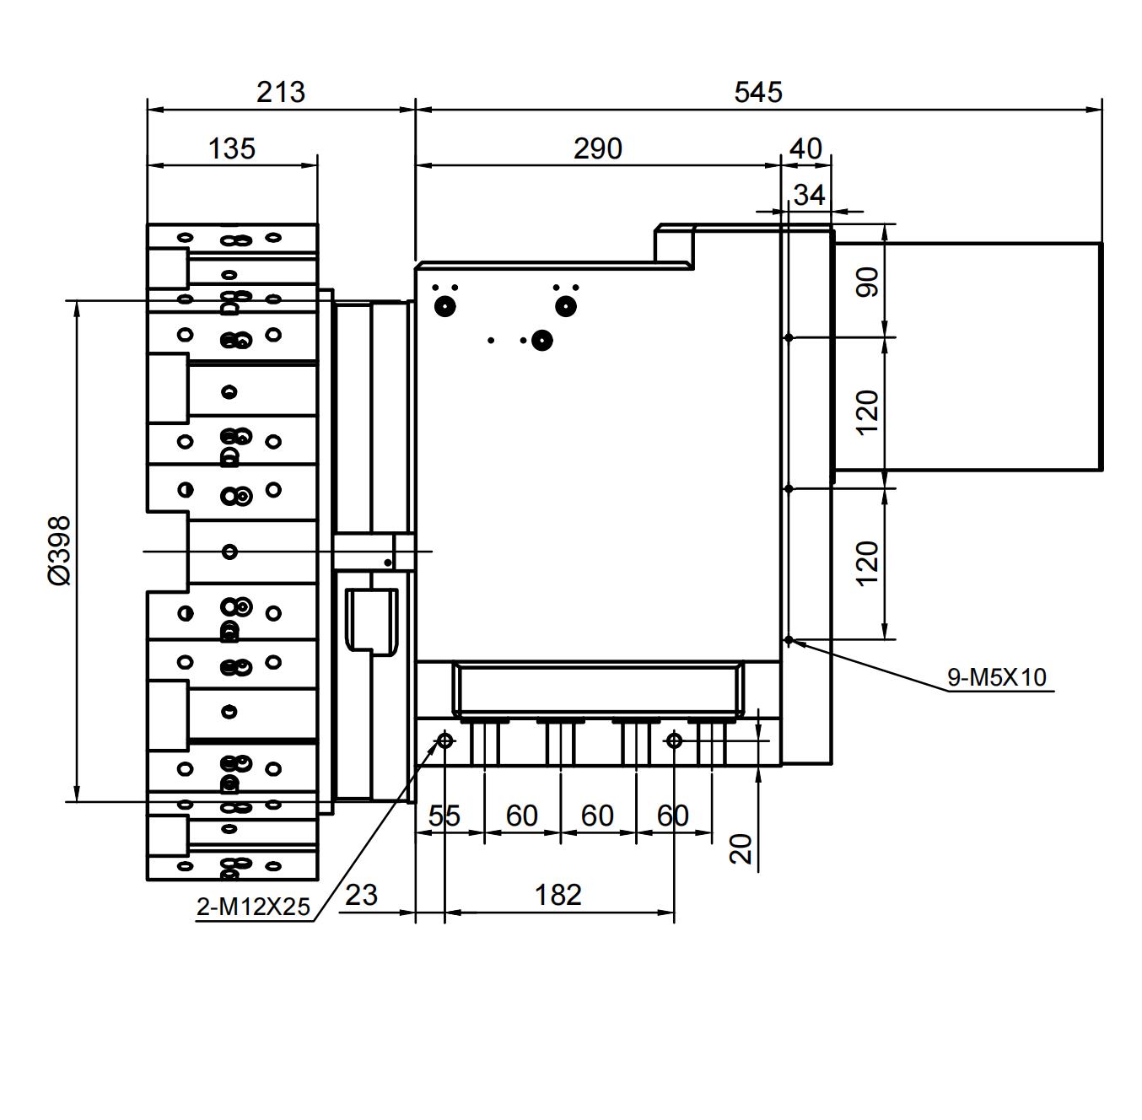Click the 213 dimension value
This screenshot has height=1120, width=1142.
point(280,91)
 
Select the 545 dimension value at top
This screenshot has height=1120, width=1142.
point(757,91)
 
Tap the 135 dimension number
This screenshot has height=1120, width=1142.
point(231,148)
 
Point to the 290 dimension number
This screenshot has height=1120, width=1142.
point(597,148)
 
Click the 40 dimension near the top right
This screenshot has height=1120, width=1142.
point(805,148)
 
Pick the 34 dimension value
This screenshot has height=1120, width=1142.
point(809,195)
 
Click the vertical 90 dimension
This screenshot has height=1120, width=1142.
point(867,282)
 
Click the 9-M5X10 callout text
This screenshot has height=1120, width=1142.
point(996,676)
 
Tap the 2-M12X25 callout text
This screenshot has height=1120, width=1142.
point(253,907)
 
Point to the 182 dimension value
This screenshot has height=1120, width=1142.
point(558,894)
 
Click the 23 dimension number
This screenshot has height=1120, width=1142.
point(361,894)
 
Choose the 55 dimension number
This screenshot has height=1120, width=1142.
point(444,816)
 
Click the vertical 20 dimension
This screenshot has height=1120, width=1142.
point(741,848)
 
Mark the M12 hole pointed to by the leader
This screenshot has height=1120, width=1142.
point(444,741)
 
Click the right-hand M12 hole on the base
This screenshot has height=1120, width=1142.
point(674,741)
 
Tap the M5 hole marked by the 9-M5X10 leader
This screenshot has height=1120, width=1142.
point(789,640)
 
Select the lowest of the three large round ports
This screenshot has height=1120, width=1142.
point(542,341)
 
